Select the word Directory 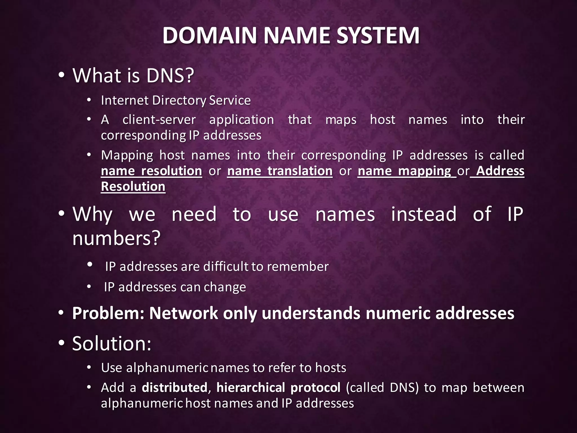point(179,101)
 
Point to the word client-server point(159,120)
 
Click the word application point(241,120)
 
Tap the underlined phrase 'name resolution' point(152,171)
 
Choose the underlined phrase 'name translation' point(280,171)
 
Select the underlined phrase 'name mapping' point(405,171)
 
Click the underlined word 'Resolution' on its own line point(133,187)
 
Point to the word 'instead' point(424,214)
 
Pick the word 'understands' point(311,313)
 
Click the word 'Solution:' point(112,344)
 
